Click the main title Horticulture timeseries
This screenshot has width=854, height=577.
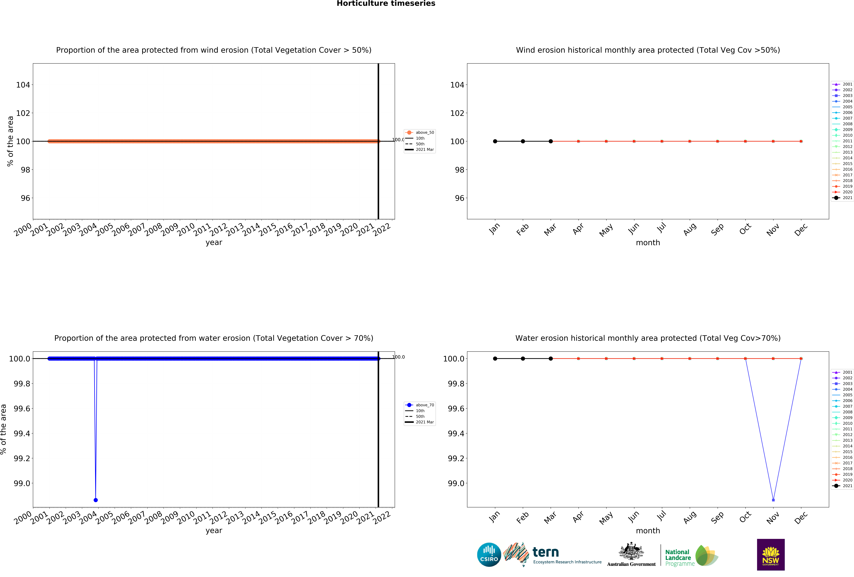(386, 4)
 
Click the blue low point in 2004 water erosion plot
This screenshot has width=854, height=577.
(96, 500)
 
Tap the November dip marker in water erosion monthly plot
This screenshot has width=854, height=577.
(773, 500)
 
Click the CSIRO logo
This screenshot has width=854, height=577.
(489, 555)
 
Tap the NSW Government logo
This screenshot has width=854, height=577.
(771, 555)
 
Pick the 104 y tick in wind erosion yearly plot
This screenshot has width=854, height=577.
(23, 85)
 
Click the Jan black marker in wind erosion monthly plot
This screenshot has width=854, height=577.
(495, 141)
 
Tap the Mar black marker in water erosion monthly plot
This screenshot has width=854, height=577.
(550, 358)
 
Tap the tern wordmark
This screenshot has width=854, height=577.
(546, 552)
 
